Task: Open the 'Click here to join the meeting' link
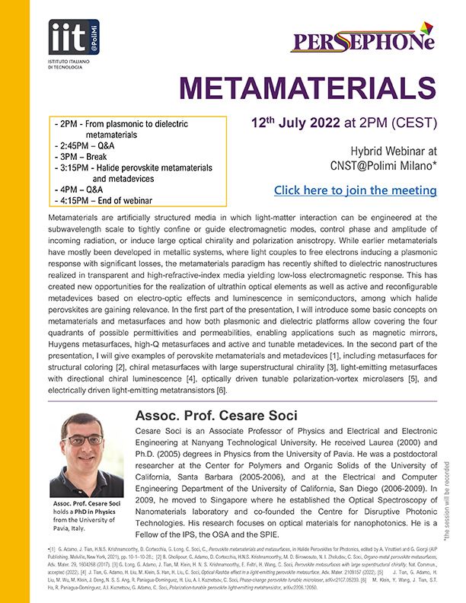click(x=355, y=190)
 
